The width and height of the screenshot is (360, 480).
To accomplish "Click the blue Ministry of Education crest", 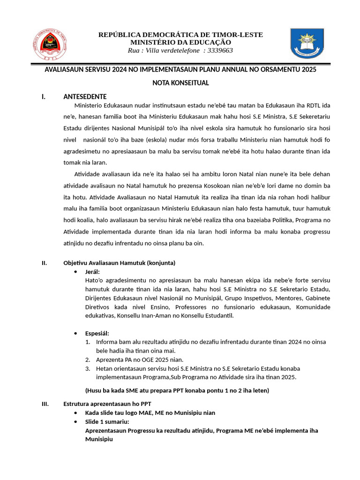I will pyautogui.click(x=307, y=44).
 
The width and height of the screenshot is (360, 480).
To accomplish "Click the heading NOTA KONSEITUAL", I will pyautogui.click(x=180, y=83).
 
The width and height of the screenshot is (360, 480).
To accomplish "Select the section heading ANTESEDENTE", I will pyautogui.click(x=85, y=97).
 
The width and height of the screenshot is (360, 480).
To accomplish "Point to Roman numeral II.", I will pyautogui.click(x=45, y=262).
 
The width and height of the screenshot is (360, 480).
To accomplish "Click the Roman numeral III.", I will pyautogui.click(x=45, y=404).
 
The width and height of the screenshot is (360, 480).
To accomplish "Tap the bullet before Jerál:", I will pyautogui.click(x=76, y=272).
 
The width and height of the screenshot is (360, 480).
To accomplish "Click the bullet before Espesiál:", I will pyautogui.click(x=76, y=333).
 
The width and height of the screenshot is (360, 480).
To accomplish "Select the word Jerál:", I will pyautogui.click(x=92, y=272).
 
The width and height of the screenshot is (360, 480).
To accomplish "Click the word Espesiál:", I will pyautogui.click(x=97, y=333).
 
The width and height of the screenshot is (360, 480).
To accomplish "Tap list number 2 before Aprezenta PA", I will pyautogui.click(x=88, y=360).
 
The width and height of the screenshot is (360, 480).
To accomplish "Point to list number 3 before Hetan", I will pyautogui.click(x=88, y=368).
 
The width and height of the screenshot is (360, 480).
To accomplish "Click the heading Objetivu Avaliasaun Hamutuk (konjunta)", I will pyautogui.click(x=120, y=262).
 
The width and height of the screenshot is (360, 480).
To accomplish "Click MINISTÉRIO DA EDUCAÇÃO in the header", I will pyautogui.click(x=180, y=43).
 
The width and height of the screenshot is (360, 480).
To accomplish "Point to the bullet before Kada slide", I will pyautogui.click(x=76, y=412).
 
